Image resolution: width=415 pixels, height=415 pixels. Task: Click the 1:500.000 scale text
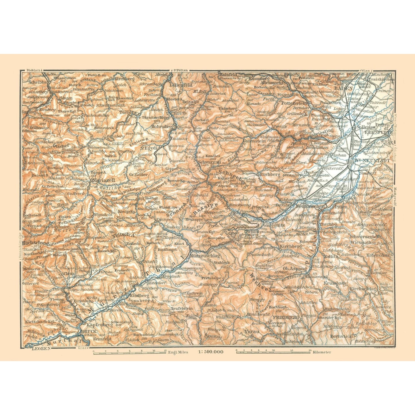point(211,352)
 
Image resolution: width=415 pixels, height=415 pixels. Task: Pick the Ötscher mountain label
point(61,145)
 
